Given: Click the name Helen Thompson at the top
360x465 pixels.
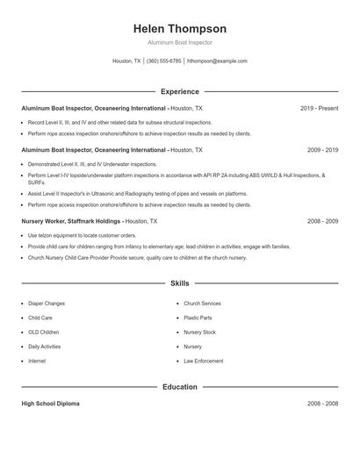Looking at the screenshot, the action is click(x=180, y=28).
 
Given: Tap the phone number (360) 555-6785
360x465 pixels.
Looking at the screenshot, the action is click(x=164, y=61).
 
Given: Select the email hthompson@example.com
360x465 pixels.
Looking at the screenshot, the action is click(x=218, y=61).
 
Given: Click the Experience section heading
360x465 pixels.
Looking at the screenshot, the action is click(x=180, y=91).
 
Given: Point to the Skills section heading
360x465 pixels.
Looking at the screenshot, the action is click(x=180, y=284).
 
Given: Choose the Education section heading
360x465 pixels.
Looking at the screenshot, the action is click(x=180, y=386).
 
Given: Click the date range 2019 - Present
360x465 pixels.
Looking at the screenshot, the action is click(x=319, y=108).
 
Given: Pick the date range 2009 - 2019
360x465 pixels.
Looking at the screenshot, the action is click(x=322, y=150).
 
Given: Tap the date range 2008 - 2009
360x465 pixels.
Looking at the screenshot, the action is click(x=322, y=222).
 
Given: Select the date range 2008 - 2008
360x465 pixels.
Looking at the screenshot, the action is click(x=322, y=404).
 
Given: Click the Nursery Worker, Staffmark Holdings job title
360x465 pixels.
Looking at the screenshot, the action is click(x=71, y=222).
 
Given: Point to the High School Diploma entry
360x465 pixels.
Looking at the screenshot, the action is click(x=50, y=404).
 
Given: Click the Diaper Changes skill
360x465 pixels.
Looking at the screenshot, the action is click(x=47, y=304).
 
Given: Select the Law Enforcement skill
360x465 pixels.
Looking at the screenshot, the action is click(x=203, y=361).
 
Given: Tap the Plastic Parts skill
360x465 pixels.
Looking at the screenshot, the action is click(x=198, y=318).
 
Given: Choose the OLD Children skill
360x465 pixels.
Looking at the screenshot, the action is click(x=44, y=333).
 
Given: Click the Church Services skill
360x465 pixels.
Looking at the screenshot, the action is click(x=202, y=304).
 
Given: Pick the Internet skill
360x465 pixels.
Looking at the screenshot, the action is click(x=37, y=361).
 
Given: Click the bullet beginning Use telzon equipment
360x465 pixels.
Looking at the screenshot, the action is click(x=82, y=236).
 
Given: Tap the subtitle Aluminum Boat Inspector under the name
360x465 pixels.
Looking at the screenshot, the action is click(x=180, y=42).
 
